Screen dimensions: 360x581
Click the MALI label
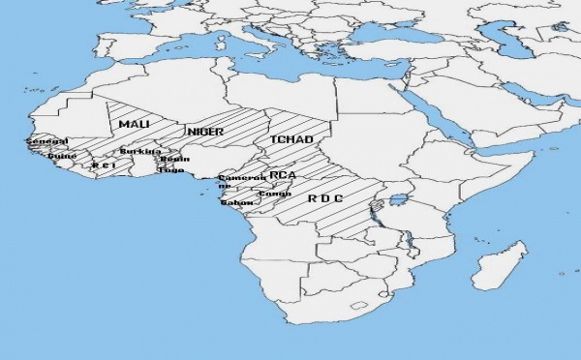135,125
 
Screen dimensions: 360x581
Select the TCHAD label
290,140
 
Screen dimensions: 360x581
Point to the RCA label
283,174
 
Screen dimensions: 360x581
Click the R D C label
325,199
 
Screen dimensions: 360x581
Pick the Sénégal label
46,142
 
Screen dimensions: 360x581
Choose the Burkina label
138,152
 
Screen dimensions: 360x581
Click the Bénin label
175,159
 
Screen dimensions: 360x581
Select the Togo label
171,169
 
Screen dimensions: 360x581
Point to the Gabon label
236,202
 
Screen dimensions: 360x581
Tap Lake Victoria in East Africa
394,204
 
